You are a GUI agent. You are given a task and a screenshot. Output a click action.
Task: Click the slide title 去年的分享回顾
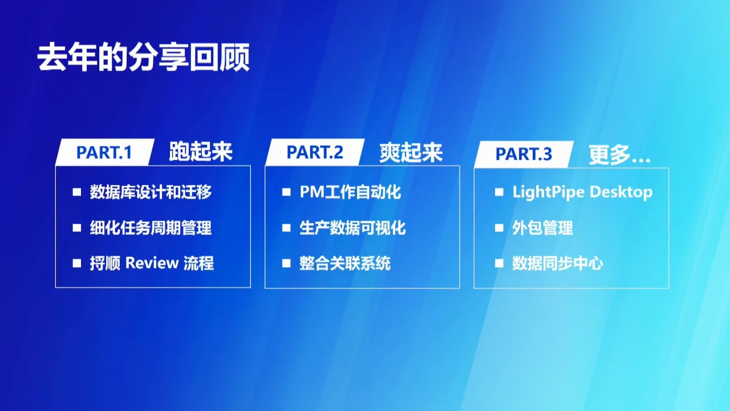click(x=143, y=58)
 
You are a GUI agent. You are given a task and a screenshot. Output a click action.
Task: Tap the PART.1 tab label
click(x=104, y=152)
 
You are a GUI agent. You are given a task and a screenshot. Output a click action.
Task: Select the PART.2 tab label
click(x=315, y=152)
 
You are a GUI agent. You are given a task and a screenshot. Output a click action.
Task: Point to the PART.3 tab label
click(x=524, y=154)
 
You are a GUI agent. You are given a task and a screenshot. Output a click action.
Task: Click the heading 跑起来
click(x=201, y=152)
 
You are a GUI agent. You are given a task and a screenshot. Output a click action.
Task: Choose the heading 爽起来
click(x=411, y=152)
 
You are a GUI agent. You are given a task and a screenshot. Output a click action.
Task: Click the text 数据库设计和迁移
click(x=151, y=192)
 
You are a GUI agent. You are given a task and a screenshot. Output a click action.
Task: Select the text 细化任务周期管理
click(x=151, y=228)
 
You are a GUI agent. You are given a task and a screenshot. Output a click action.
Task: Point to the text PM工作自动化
click(x=350, y=192)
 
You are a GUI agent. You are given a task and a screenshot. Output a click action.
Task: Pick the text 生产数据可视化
click(x=352, y=228)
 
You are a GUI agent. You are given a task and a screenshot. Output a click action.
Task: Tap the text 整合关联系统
click(x=345, y=263)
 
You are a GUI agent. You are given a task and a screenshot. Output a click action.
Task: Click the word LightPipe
click(x=548, y=192)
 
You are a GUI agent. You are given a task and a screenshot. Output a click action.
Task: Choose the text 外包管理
click(x=542, y=228)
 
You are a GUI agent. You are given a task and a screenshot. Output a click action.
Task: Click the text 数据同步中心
click(x=557, y=263)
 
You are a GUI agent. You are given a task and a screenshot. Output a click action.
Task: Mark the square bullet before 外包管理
click(x=499, y=228)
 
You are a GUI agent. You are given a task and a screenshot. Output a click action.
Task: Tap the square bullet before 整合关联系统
click(x=286, y=264)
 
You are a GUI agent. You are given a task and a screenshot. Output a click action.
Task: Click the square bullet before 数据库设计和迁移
click(x=77, y=193)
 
